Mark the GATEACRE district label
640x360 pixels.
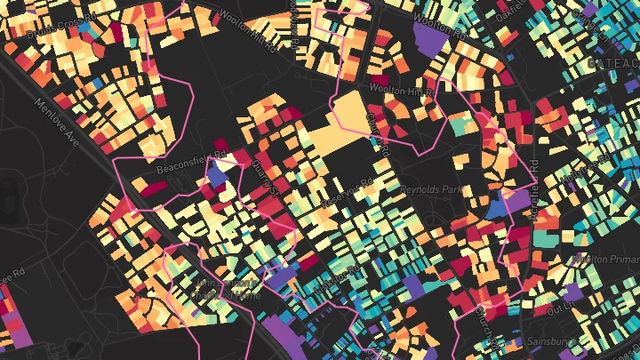coord(612,63)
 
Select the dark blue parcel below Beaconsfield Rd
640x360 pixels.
coord(216,173)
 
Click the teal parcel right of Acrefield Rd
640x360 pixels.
coord(546,238)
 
